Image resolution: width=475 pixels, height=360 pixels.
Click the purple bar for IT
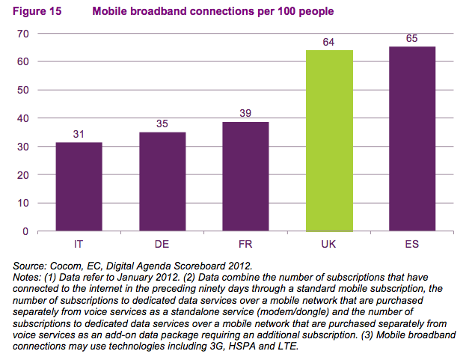point(79,186)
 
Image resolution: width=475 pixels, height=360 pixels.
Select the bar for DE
point(162,181)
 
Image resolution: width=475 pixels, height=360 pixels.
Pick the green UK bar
point(329,141)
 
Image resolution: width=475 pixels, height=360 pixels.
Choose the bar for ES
point(412,139)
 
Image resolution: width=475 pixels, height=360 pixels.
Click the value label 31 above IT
point(79,134)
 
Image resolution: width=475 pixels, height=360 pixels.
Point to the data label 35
point(162,123)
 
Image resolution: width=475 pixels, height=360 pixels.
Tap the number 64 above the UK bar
point(329,42)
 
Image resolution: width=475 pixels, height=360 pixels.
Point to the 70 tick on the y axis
point(22,34)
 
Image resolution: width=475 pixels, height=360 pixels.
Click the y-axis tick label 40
point(22,118)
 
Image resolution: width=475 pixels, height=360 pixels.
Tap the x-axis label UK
point(329,244)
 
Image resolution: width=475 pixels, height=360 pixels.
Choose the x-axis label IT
point(79,244)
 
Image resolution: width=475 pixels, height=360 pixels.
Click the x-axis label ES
point(412,244)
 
